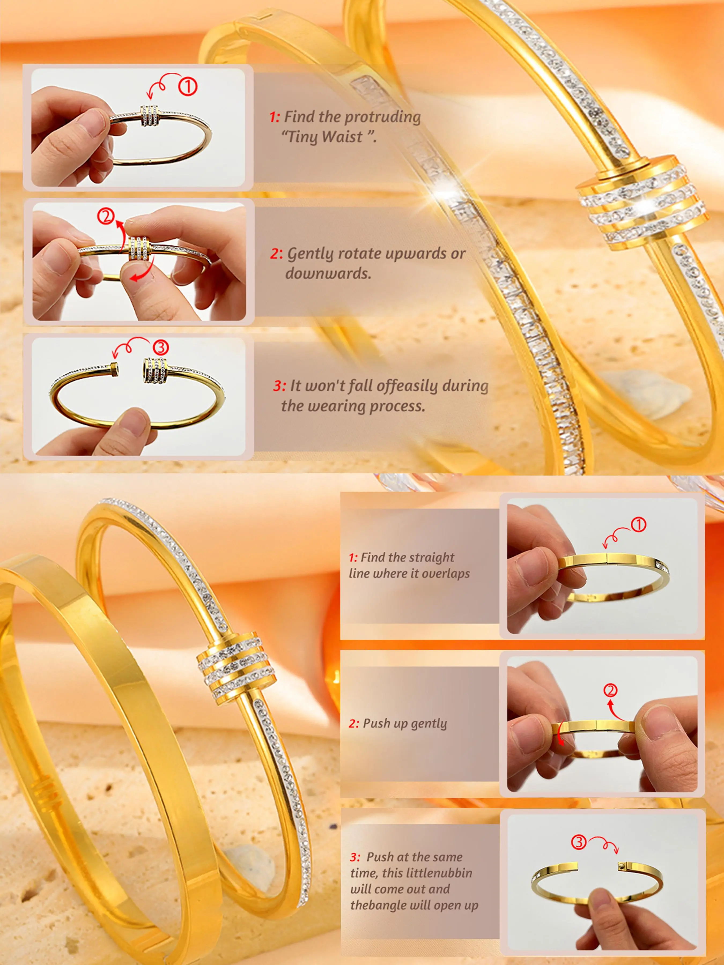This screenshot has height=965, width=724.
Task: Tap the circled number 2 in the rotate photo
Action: (x=106, y=216)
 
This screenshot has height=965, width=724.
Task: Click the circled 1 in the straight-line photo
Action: (x=638, y=524)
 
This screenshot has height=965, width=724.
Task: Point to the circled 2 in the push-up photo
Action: (x=610, y=690)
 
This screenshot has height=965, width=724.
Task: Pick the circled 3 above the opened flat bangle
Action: (x=579, y=841)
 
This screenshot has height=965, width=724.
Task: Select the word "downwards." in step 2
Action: (x=328, y=273)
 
